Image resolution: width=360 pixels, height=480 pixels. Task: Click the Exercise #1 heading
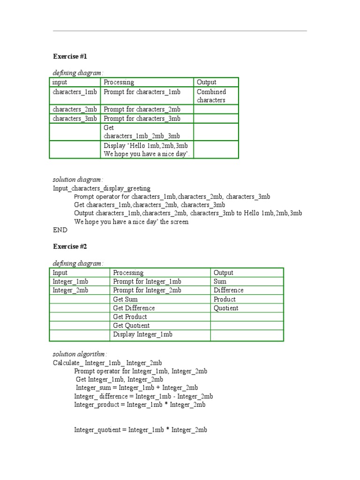coord(70,56)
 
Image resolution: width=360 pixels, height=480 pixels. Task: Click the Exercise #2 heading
coord(70,247)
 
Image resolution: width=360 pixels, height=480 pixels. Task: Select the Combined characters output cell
coord(211,96)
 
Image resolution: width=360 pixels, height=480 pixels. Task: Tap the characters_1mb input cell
coord(75,92)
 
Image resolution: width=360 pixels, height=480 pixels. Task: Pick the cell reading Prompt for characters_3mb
coord(142,119)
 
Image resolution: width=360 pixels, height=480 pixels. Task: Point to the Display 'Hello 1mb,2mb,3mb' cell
coord(146,150)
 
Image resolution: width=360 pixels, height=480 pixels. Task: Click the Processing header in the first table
coord(119,82)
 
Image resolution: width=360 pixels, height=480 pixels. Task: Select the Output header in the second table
coord(224,272)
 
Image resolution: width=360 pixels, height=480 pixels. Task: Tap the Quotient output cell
coord(226,308)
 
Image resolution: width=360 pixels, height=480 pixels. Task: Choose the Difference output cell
coord(229,290)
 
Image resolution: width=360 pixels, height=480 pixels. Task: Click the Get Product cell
coord(130,317)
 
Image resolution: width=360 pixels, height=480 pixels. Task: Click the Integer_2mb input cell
coord(70,290)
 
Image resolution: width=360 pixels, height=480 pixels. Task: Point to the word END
coord(60,230)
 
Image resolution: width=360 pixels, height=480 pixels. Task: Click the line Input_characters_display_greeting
coord(102,188)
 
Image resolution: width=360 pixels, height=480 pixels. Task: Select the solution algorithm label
coord(80,354)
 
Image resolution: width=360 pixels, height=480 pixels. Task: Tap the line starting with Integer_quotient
coord(141,430)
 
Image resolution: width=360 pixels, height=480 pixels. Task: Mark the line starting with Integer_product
coord(140,405)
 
